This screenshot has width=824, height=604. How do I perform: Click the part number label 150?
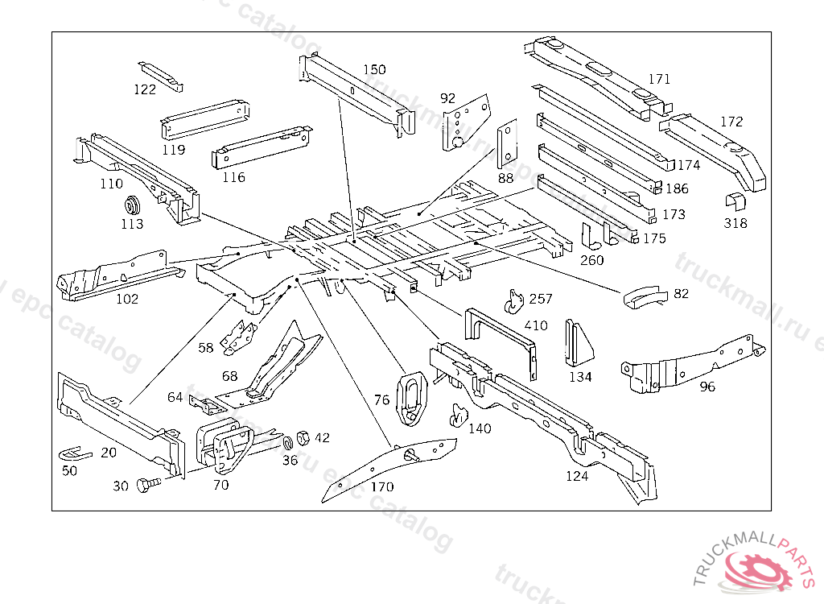point(374,70)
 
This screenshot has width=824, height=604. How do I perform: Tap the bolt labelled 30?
point(146,485)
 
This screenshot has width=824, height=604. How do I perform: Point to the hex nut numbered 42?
point(304,437)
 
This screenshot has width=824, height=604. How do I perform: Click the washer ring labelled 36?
point(287,445)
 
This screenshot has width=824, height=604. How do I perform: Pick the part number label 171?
point(659,79)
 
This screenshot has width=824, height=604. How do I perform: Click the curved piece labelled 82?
point(644,296)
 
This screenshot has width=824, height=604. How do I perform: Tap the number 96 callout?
point(707,387)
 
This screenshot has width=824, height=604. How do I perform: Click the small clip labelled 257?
point(513,300)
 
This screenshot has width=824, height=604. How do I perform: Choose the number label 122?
point(145,89)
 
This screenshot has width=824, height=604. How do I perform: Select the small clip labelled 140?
point(459,414)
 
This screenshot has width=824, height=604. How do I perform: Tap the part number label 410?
point(535,325)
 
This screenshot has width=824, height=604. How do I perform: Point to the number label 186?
point(678,189)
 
